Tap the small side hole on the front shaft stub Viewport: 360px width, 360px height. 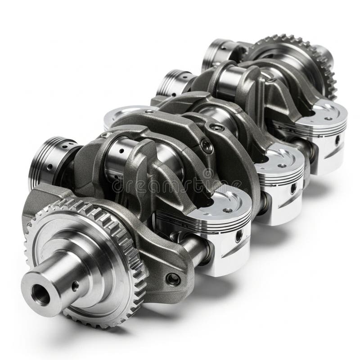click(x=74, y=284)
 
